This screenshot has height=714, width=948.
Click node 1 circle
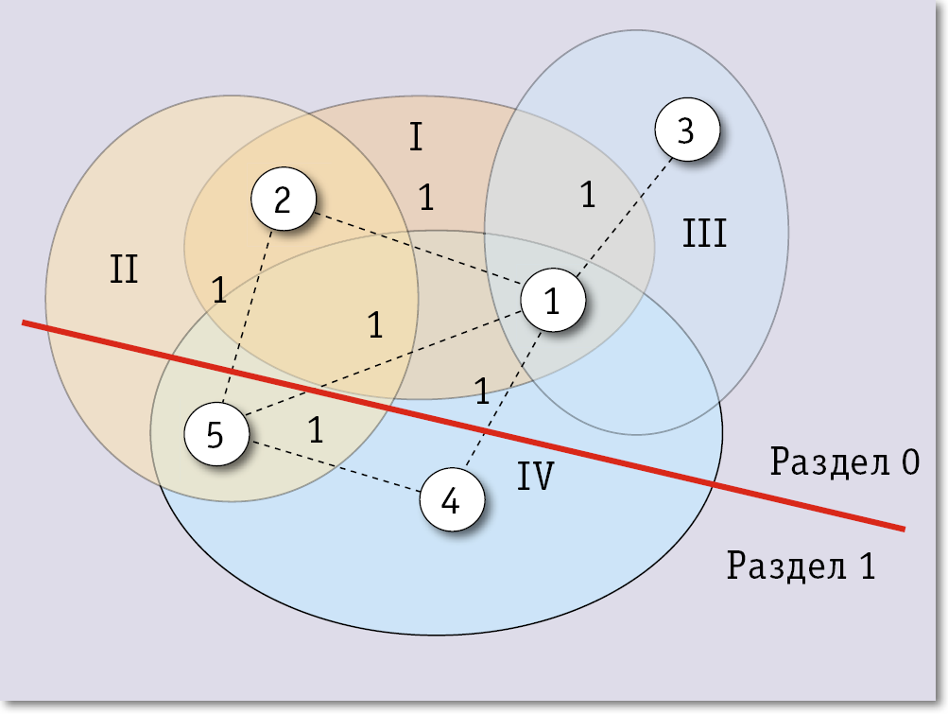[553, 300]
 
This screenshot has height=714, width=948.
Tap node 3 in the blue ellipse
[686, 131]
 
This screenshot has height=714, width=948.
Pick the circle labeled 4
[451, 500]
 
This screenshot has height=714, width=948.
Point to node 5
[215, 435]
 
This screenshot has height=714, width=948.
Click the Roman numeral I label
[416, 138]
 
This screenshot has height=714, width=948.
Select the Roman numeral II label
[124, 270]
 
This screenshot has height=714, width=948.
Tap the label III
[704, 233]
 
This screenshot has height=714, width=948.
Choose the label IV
[535, 478]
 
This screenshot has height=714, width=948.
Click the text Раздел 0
[844, 462]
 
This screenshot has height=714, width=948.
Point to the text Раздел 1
[801, 566]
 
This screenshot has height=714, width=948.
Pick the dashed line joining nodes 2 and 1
[416, 250]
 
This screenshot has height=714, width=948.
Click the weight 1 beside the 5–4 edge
[316, 430]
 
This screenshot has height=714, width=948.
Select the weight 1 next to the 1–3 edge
[588, 195]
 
